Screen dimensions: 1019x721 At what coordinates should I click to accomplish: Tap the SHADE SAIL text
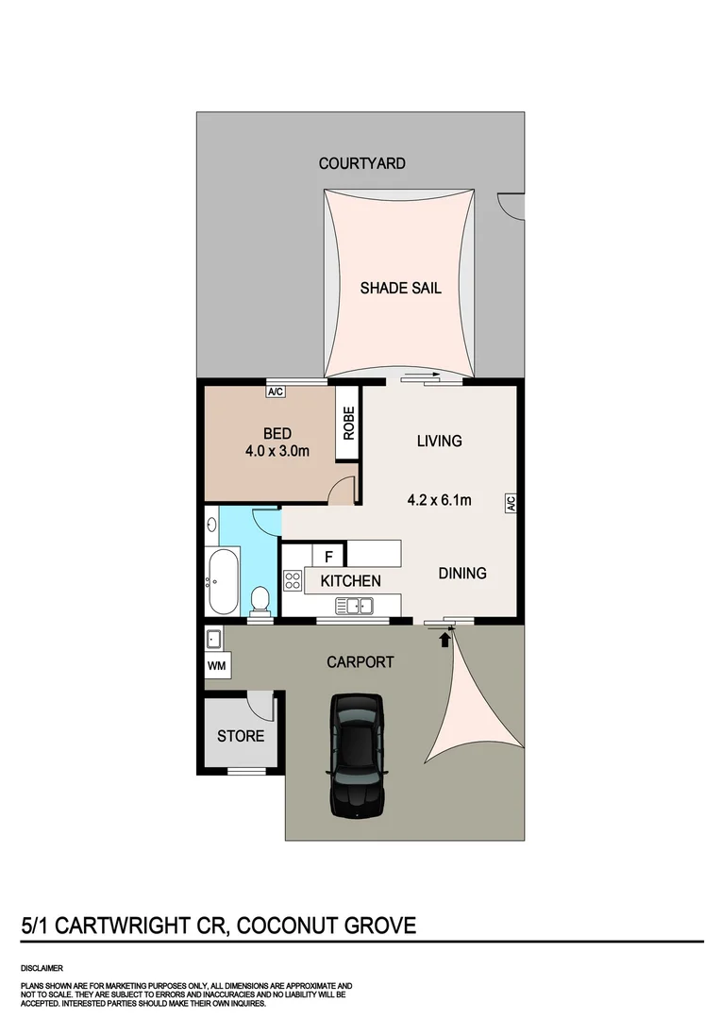[x=400, y=289]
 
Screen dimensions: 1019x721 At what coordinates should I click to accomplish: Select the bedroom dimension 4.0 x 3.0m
[x=277, y=451]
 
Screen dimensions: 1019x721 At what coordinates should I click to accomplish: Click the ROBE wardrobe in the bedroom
[x=347, y=423]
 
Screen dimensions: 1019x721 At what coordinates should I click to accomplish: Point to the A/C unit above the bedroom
[x=277, y=390]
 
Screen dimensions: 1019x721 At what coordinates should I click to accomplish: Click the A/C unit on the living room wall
[x=510, y=504]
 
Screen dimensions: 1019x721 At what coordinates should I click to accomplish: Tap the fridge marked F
[x=329, y=555]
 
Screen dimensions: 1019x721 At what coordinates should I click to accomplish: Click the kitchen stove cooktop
[x=292, y=580]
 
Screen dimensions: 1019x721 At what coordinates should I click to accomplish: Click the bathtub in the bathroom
[x=223, y=581]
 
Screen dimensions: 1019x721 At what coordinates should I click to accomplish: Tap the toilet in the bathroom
[x=260, y=599]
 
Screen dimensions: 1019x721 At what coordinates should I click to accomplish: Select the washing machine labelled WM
[x=216, y=664]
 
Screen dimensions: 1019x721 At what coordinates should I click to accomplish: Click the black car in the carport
[x=357, y=755]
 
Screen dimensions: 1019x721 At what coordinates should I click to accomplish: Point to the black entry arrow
[x=444, y=641]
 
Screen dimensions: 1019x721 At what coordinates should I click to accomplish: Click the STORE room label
[x=241, y=736]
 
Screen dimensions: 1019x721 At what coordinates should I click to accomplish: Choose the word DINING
[x=461, y=573]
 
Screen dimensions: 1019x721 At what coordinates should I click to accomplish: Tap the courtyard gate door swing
[x=511, y=203]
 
